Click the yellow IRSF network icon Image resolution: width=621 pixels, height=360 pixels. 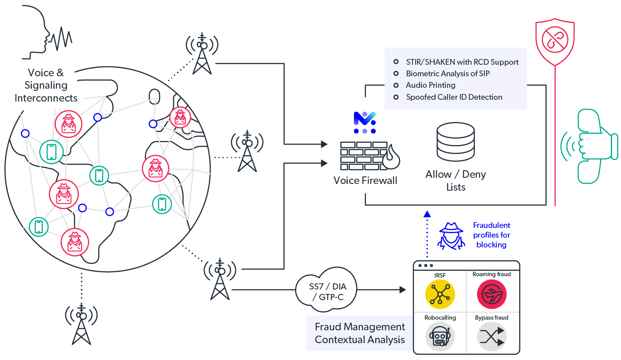click(x=440, y=294)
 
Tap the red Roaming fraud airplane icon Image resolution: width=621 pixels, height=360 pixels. click(x=491, y=294)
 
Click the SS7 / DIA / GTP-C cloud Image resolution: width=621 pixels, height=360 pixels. click(x=326, y=290)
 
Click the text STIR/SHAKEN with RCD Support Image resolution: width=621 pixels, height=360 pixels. click(x=462, y=62)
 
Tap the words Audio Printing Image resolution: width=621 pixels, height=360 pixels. click(x=430, y=85)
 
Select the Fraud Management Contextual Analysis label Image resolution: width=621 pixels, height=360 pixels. click(x=360, y=333)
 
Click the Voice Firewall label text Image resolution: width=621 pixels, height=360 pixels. click(x=366, y=180)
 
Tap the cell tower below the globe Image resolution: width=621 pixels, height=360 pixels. click(x=81, y=324)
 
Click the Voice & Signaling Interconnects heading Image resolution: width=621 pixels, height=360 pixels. click(x=46, y=85)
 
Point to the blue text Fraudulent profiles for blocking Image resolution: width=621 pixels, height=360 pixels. click(x=491, y=235)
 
